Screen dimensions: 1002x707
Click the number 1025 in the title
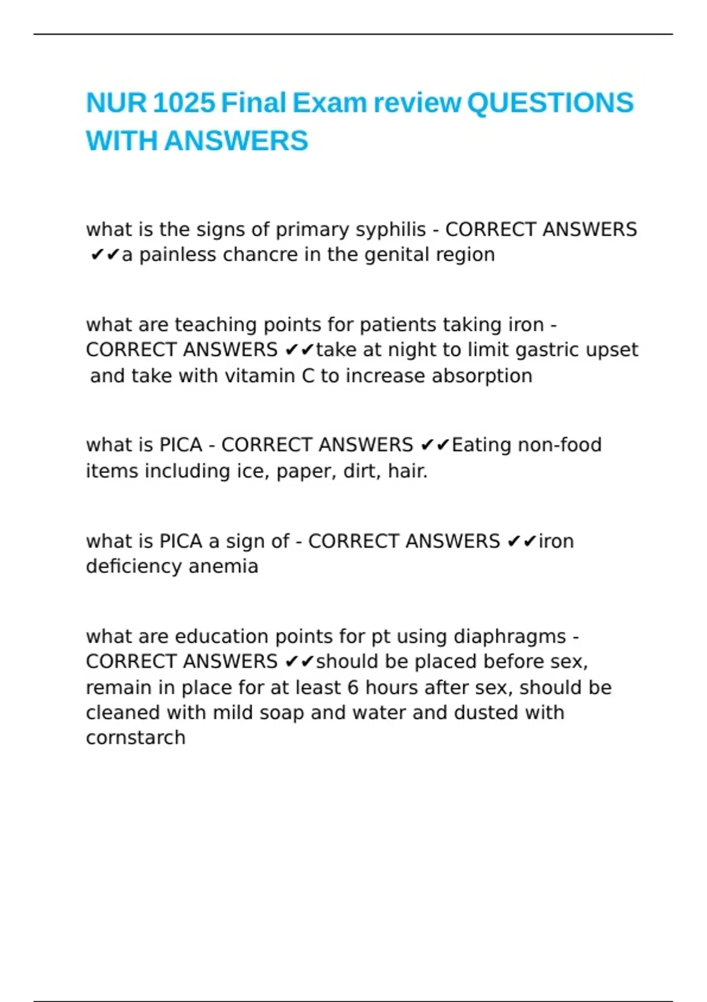[x=184, y=103]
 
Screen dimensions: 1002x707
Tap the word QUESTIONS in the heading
[x=550, y=103]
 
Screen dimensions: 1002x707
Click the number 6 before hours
[x=352, y=688]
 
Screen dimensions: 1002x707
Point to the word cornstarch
[x=136, y=738]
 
